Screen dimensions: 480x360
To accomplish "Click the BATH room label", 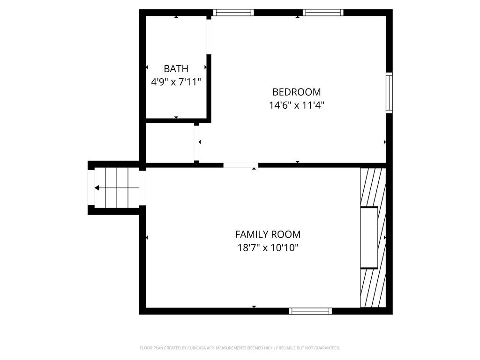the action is pos(176,68).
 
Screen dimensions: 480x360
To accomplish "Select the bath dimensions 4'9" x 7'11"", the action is pos(176,82).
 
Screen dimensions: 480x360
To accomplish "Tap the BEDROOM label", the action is pos(297,92).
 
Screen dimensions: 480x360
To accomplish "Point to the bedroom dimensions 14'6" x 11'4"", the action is pos(297,105).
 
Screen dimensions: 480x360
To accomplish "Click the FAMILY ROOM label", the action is pos(268,234).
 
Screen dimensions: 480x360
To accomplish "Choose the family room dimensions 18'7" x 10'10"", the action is pos(268,247).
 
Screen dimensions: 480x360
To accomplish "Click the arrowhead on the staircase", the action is pos(97,188).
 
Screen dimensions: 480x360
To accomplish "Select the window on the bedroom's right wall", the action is pos(389,93).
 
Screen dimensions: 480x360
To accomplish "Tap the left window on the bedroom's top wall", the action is pos(233,13).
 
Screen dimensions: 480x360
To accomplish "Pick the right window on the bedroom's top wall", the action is pos(323,13).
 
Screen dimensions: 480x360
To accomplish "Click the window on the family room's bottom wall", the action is pos(310,311).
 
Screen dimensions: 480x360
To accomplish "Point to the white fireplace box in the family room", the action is pos(369,238).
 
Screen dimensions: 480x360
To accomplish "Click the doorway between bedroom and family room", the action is pos(241,165).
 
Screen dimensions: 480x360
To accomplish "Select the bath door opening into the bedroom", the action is pos(209,37).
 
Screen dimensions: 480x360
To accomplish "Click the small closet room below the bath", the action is pos(170,143).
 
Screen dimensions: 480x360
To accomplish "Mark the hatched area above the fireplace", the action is pos(373,187).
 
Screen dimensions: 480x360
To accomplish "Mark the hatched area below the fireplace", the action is pos(373,288).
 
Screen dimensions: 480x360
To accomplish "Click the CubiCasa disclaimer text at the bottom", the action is pos(240,348).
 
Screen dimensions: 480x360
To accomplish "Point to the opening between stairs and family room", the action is pos(142,188).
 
